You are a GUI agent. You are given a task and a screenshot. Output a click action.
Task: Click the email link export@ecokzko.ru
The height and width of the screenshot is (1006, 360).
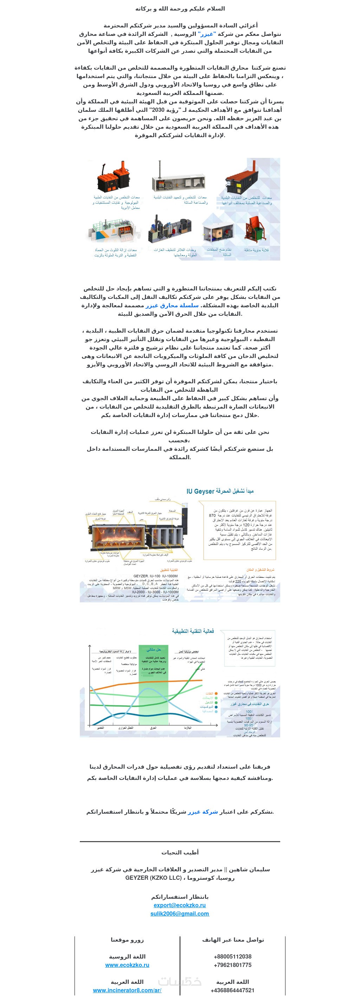pyautogui.click(x=180, y=905)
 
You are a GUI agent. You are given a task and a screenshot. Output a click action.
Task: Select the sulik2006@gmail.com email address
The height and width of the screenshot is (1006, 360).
pyautogui.click(x=180, y=914)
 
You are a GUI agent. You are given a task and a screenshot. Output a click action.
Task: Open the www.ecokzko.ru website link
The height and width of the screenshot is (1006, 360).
pyautogui.click(x=127, y=965)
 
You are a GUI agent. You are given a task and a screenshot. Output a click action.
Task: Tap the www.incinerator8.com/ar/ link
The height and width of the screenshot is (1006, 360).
pyautogui.click(x=127, y=991)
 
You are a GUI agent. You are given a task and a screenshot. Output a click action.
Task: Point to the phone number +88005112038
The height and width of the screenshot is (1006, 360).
pyautogui.click(x=232, y=957)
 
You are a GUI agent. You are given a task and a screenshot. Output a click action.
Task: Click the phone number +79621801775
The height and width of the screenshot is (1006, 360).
pyautogui.click(x=232, y=965)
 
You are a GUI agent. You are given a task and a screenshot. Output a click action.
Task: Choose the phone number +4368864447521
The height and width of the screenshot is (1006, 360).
pyautogui.click(x=232, y=991)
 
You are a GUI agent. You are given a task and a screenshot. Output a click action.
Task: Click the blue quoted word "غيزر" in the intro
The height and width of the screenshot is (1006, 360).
pyautogui.click(x=207, y=34)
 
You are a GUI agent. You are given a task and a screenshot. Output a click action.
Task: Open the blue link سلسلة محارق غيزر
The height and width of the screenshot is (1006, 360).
pyautogui.click(x=172, y=306)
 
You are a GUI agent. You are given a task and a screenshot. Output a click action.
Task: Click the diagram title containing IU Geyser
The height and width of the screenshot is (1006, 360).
pyautogui.click(x=220, y=491)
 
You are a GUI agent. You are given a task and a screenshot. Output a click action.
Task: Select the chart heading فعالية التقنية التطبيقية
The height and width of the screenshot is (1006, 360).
pyautogui.click(x=193, y=631)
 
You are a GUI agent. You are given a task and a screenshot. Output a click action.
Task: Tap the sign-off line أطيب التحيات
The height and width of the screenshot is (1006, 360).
pyautogui.click(x=180, y=853)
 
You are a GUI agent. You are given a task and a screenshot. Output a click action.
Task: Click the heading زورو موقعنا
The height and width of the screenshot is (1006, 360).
pyautogui.click(x=127, y=940)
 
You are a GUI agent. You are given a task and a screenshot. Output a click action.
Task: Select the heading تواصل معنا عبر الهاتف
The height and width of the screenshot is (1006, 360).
pyautogui.click(x=233, y=940)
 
